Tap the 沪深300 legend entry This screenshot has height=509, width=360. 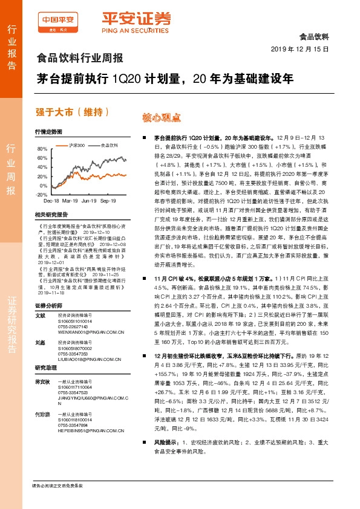pos(76,146)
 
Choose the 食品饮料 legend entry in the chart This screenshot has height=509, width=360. pos(108,146)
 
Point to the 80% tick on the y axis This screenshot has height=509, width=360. pos(42,149)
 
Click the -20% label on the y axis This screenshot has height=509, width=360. pos(41,195)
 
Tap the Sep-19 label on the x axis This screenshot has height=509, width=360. pos(108,199)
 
